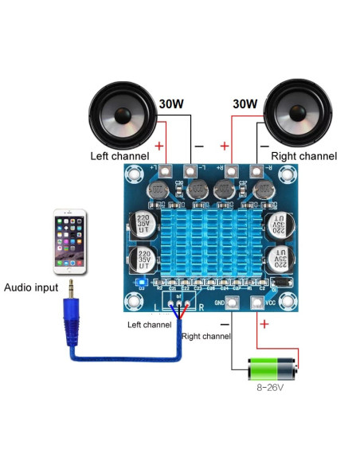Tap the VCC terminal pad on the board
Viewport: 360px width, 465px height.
tap(256, 303)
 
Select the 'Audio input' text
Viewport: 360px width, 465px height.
tap(34, 287)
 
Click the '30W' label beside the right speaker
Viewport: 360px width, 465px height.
tap(245, 104)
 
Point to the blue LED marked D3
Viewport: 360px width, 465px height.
tap(141, 283)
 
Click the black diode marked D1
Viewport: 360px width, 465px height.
tap(280, 282)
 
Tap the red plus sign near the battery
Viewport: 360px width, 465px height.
tap(264, 325)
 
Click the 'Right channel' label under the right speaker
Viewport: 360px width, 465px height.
tap(304, 156)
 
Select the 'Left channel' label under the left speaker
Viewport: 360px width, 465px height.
tap(119, 156)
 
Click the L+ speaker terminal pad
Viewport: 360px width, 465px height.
tap(164, 170)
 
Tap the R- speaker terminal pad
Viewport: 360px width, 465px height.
tap(256, 170)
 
